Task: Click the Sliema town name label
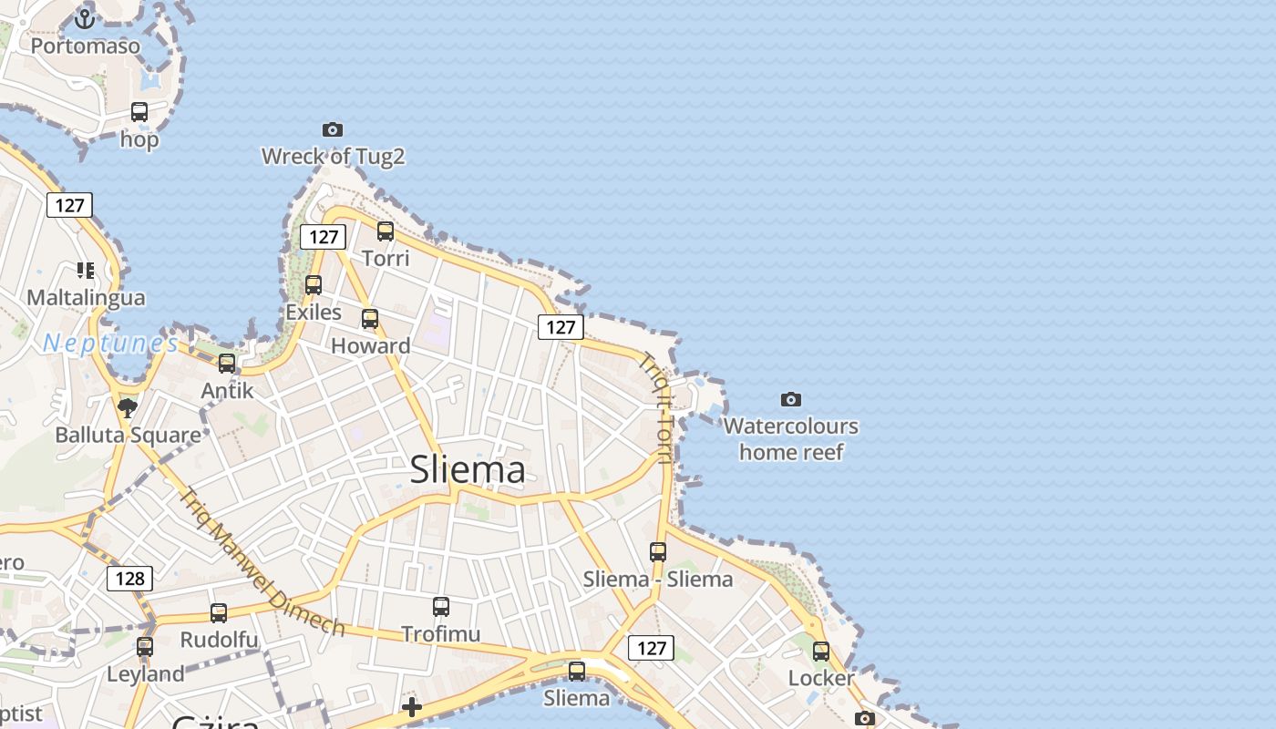[x=468, y=469]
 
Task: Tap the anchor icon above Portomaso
[x=85, y=18]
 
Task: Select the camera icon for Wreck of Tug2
[x=333, y=129]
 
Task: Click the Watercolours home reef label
[x=791, y=438]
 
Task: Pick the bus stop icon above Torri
[x=386, y=231]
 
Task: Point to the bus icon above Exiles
[x=314, y=285]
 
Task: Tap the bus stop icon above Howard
[x=370, y=319]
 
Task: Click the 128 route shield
[x=129, y=578]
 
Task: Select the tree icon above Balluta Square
[x=128, y=407]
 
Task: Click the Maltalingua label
[x=86, y=297]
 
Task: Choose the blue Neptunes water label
[x=111, y=344]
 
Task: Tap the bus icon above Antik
[x=227, y=364]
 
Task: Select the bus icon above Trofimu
[x=441, y=606]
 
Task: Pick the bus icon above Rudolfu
[x=219, y=612]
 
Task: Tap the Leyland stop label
[x=146, y=674]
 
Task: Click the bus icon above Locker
[x=821, y=651]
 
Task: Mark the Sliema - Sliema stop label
[x=658, y=579]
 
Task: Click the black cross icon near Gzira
[x=412, y=706]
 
